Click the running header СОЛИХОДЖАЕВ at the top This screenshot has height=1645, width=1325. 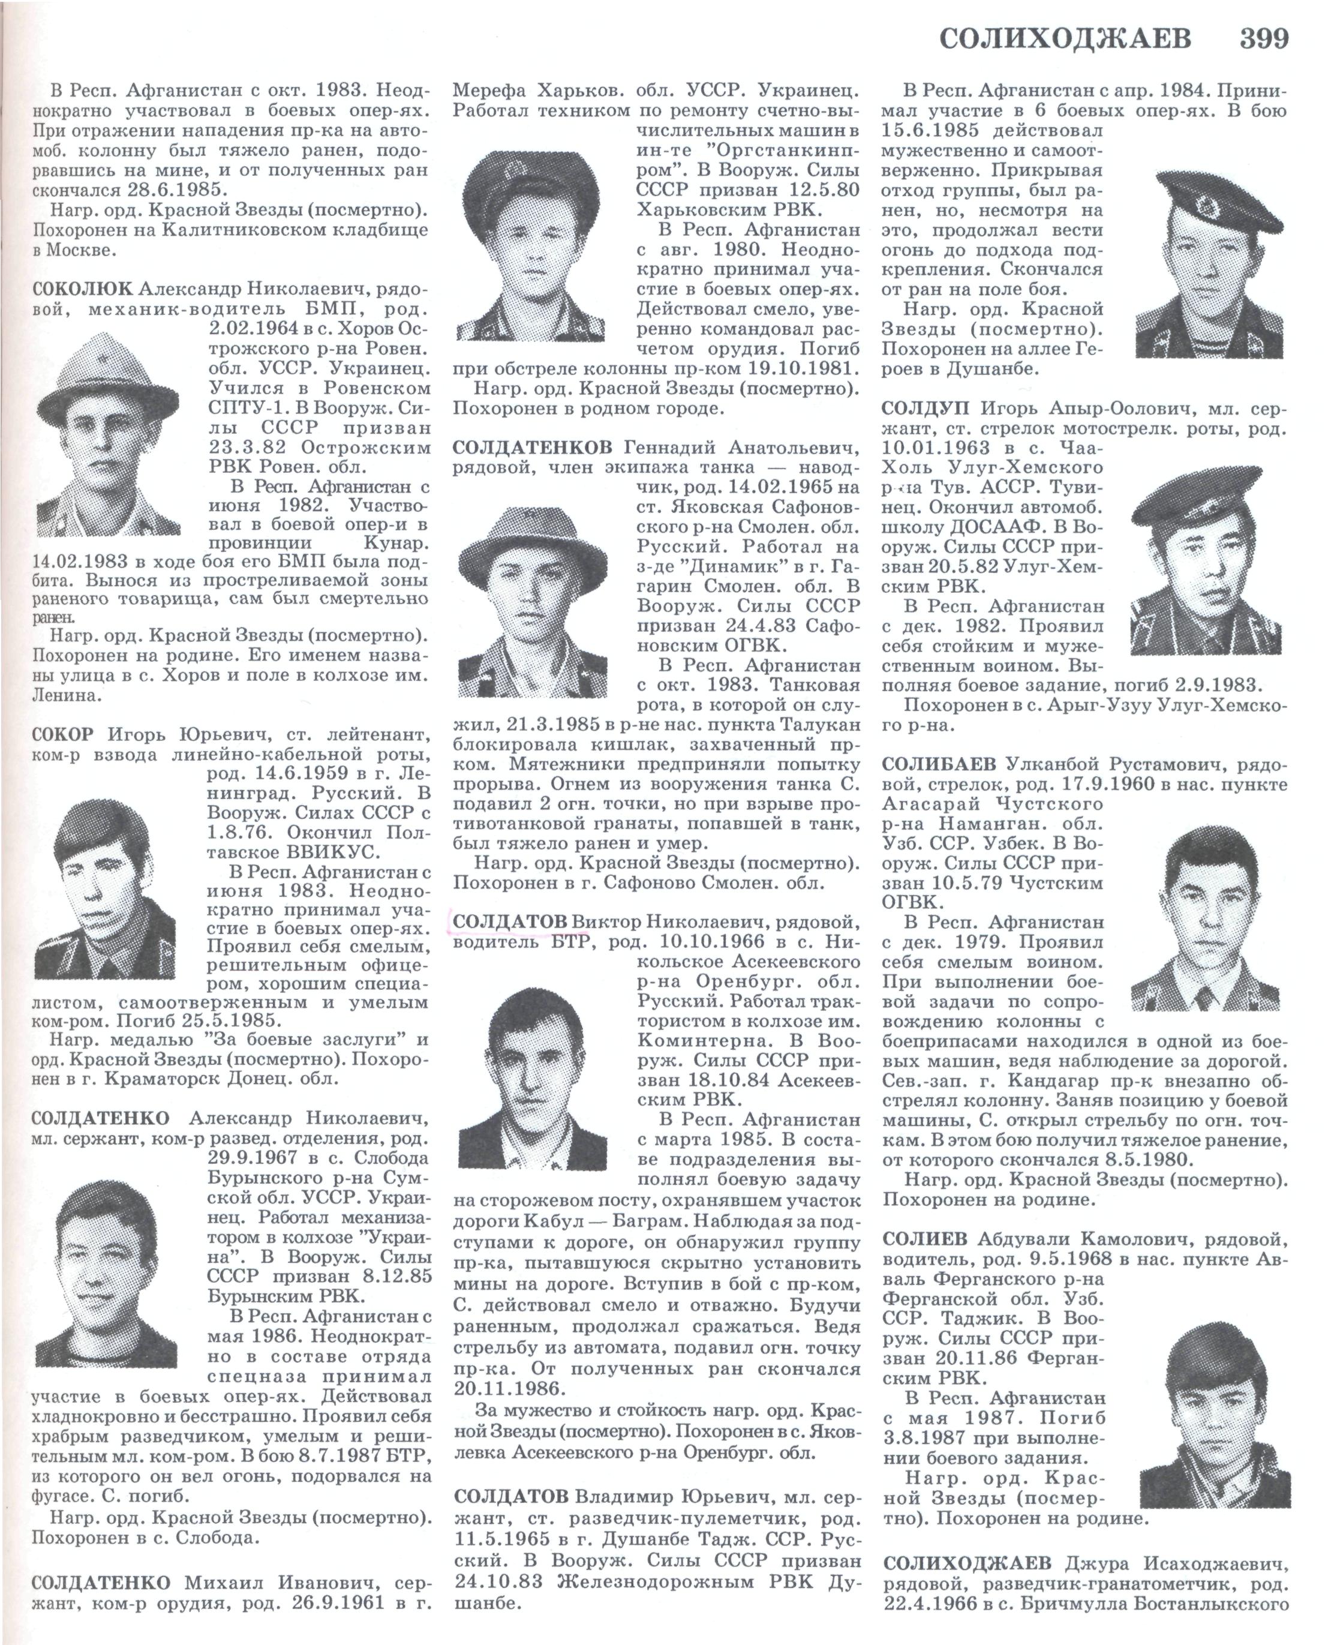click(x=1065, y=38)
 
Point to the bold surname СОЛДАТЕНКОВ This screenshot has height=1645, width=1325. click(x=533, y=446)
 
